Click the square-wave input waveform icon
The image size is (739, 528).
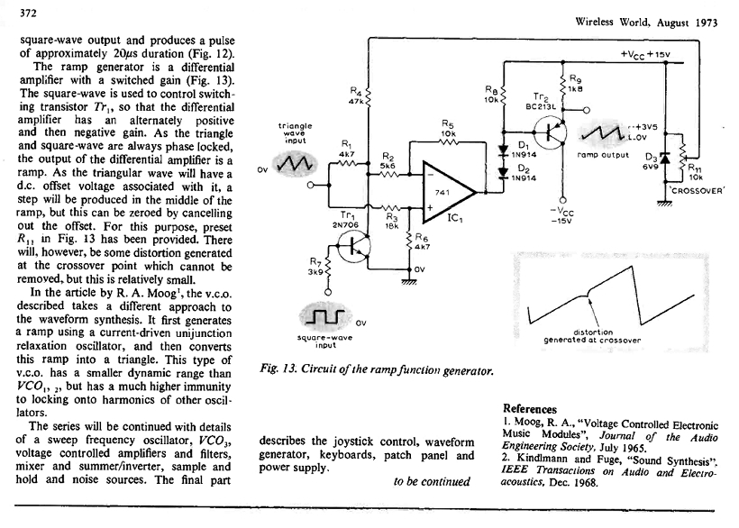322,317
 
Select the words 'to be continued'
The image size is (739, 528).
432,480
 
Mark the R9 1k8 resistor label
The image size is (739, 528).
577,84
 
